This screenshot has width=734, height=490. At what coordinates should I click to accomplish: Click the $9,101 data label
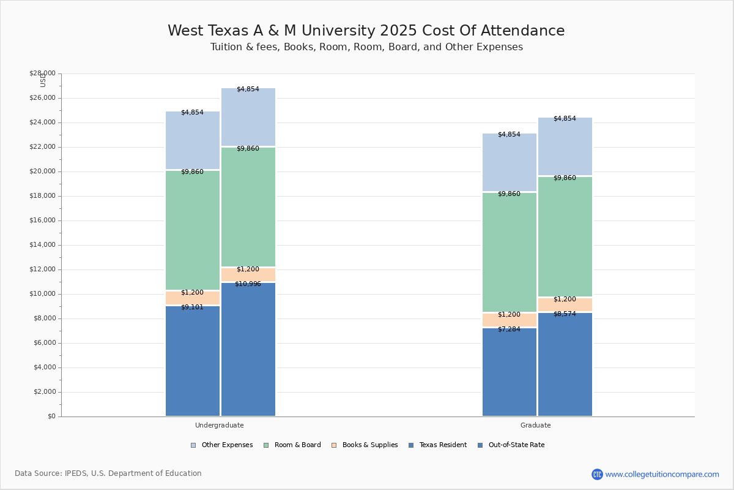coord(192,307)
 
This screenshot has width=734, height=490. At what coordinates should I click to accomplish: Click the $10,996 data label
coord(248,284)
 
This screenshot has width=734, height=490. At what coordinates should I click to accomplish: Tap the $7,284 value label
coord(509,330)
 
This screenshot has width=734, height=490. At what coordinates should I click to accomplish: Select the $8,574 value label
coord(565,314)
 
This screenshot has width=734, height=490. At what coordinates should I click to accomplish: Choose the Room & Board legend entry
coord(292,445)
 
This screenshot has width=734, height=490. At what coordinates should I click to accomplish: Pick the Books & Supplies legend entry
coord(365,445)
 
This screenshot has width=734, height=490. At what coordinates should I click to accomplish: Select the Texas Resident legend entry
coord(437,445)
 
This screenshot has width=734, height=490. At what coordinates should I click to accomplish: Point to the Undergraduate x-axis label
coord(220,425)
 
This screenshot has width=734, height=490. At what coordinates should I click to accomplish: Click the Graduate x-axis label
coord(536,425)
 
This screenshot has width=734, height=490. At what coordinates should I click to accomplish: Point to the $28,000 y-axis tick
coord(42,73)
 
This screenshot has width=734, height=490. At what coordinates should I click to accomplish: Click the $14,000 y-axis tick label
coord(42,245)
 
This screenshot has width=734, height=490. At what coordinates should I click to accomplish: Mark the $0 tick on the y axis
coord(51,417)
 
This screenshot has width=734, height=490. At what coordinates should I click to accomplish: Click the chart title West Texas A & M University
coord(366,31)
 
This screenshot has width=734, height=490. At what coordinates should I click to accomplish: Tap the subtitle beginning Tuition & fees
coord(366,47)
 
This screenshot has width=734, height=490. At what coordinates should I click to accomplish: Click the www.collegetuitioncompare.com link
coord(662,474)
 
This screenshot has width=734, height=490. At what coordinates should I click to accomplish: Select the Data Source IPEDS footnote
coord(108,473)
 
